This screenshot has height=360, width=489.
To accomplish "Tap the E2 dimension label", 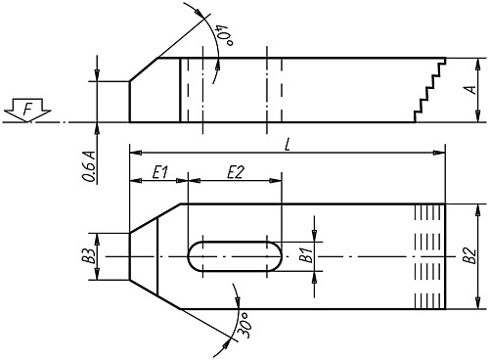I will [235, 172].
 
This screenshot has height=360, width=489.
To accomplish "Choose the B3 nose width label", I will [88, 256].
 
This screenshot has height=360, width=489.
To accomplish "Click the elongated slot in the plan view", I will [234, 256].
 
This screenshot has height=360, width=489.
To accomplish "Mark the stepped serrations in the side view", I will [428, 90].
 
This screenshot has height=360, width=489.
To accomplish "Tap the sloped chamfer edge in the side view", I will [155, 67].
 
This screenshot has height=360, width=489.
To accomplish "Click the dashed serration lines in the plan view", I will [428, 256].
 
